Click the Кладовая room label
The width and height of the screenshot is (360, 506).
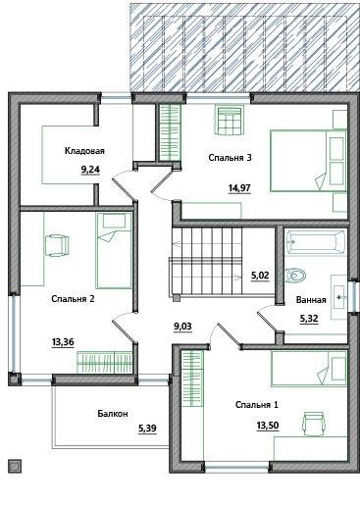point(84,151)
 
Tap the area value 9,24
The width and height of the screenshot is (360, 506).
point(90,170)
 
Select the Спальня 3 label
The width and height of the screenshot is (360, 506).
point(230,158)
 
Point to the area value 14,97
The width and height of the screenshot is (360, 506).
point(239,188)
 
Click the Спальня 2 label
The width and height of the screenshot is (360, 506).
point(73,299)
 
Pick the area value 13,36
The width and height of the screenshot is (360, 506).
point(63,342)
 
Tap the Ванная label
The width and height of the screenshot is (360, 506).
point(311,300)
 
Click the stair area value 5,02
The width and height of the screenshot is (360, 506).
point(260,276)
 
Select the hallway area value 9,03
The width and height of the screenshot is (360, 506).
point(182,327)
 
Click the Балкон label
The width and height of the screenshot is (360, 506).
point(113,414)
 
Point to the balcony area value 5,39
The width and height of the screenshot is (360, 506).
point(147,428)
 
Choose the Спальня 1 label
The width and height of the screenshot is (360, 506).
point(257,405)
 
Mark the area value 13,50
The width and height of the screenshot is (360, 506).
point(268,426)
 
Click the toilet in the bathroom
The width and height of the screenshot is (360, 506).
point(295,276)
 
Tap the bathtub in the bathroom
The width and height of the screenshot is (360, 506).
point(315,242)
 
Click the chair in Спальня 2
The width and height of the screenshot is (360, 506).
point(56,246)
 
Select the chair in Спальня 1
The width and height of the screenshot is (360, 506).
point(314,424)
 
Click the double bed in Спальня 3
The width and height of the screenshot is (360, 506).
point(308,161)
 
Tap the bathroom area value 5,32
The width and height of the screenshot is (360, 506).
point(309,318)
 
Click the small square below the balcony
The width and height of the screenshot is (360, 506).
point(15,466)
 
